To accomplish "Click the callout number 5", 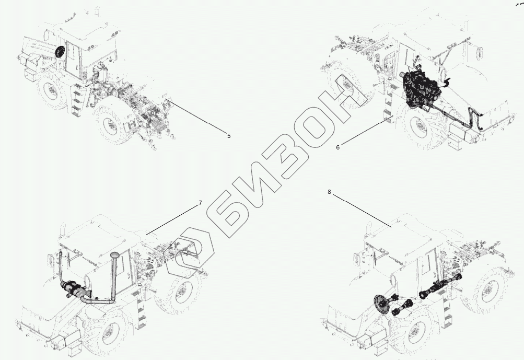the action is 228,136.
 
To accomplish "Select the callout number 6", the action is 337,147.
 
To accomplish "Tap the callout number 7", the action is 200,203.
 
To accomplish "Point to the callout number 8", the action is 329,192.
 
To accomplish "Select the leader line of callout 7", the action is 172,218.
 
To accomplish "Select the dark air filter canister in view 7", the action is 73,289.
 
